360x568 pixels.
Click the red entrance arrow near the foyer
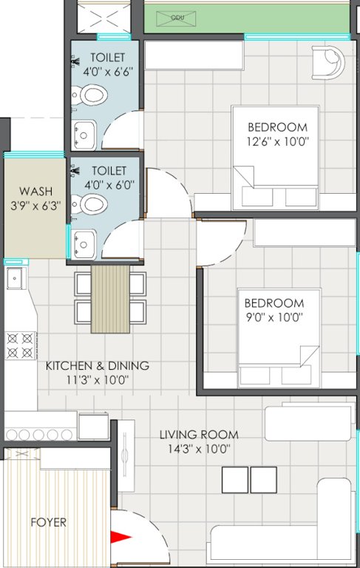click(x=119, y=538)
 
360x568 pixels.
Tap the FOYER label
click(x=48, y=522)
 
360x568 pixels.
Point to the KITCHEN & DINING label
click(x=98, y=365)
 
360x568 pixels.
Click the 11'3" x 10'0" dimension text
click(x=98, y=380)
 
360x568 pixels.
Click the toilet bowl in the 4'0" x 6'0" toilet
click(x=91, y=203)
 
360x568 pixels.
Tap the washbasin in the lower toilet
click(x=83, y=241)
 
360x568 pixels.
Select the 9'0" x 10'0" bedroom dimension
click(x=274, y=317)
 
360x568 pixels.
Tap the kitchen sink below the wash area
click(x=14, y=279)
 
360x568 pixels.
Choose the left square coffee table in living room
click(x=234, y=479)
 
